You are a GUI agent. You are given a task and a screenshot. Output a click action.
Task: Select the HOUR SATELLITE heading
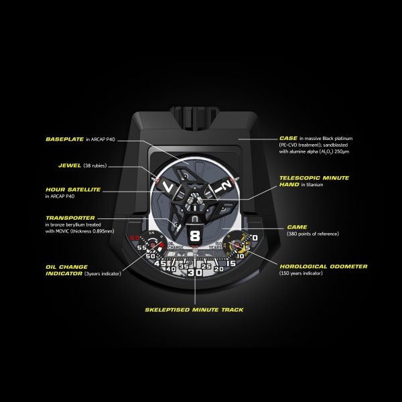(73, 190)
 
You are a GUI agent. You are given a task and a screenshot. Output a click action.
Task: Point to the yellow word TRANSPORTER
(71, 218)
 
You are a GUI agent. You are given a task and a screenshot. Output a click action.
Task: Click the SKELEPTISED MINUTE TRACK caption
(194, 310)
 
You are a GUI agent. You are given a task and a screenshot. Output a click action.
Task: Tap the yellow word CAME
(297, 227)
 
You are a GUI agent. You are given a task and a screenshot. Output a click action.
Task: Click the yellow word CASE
(288, 138)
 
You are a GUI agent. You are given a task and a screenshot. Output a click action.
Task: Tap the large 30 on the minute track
(195, 273)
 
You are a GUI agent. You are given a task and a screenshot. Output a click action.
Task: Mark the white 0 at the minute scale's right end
(255, 238)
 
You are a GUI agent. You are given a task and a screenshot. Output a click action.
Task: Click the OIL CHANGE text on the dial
(175, 245)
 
